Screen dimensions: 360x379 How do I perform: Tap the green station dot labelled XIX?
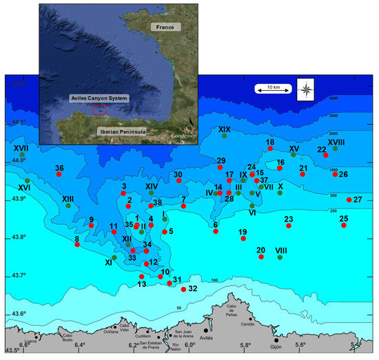225,136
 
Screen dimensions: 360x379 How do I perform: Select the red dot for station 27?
349,200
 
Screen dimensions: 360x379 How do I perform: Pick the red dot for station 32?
183,289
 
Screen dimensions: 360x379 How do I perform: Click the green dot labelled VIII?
280,257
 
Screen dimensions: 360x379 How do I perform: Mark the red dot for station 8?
77,245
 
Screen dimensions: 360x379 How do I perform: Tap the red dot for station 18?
271,149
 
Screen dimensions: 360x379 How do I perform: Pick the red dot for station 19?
243,239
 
